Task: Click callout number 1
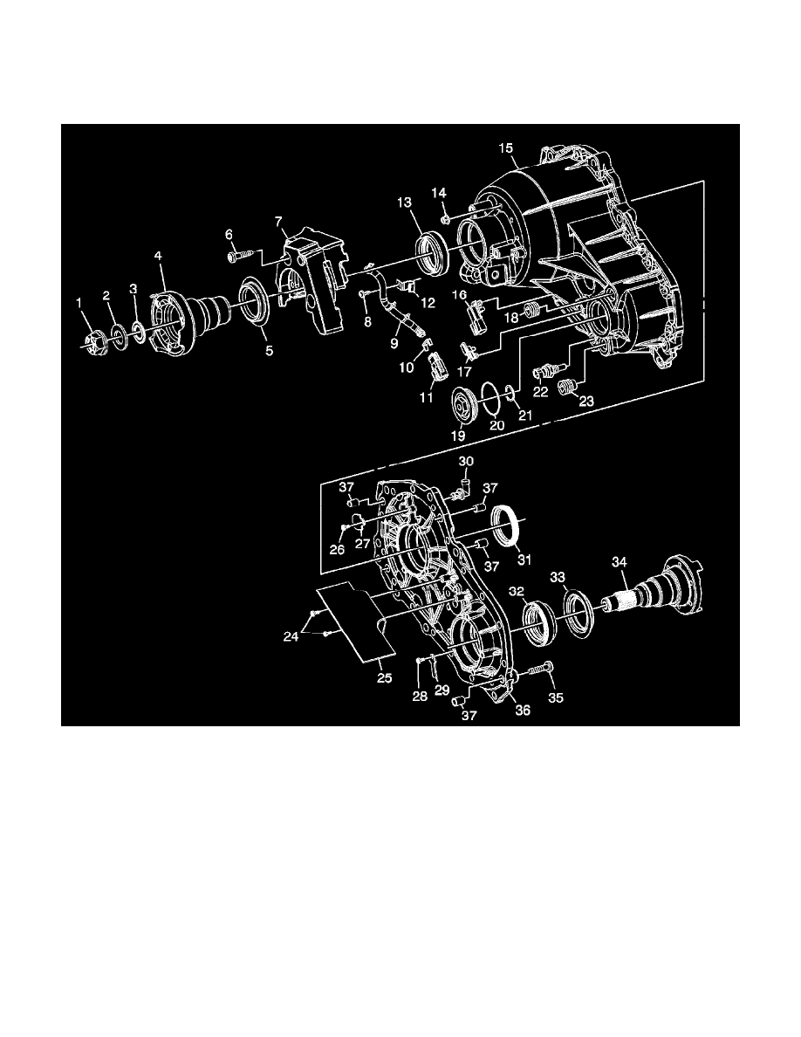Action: (79, 302)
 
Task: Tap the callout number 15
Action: (505, 148)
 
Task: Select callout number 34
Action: (619, 563)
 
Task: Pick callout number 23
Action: (585, 402)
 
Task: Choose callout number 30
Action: (466, 461)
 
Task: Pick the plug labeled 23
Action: (569, 385)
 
